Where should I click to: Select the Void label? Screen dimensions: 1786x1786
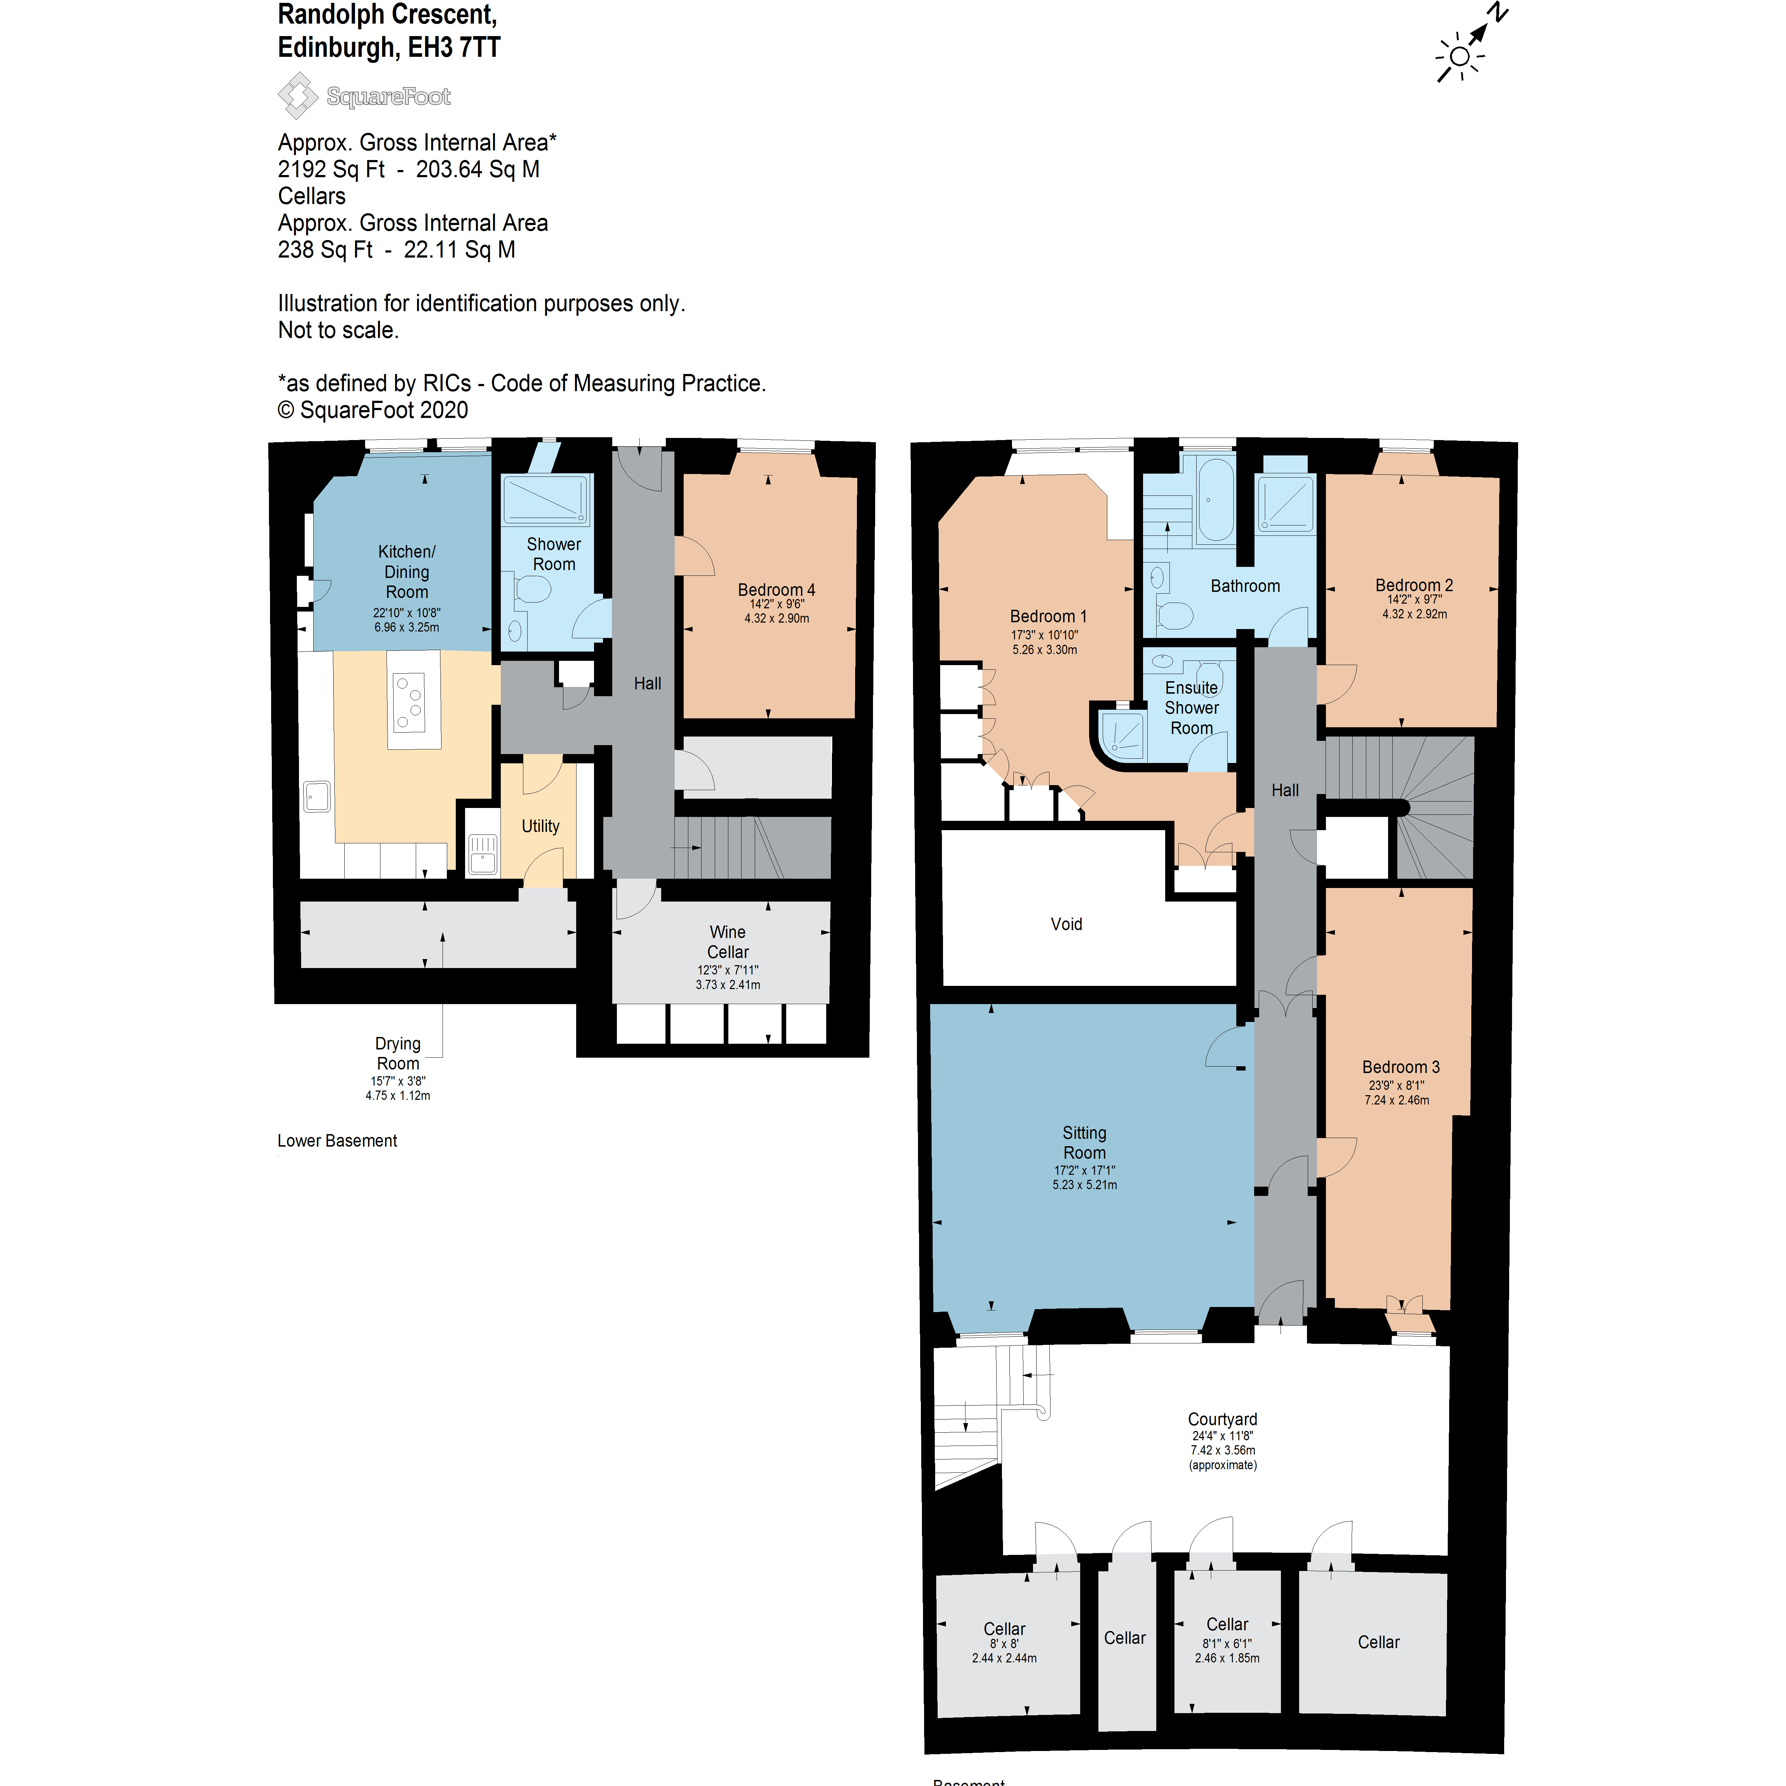click(1066, 923)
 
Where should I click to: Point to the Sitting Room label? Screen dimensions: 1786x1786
click(1084, 1143)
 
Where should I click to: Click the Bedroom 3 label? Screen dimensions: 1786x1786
click(1401, 1067)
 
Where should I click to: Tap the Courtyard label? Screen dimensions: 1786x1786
click(1222, 1419)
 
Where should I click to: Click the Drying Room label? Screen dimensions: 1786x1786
click(398, 1053)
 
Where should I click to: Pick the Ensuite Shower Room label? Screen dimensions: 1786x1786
click(1192, 707)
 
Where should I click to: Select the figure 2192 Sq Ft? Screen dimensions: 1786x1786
click(331, 169)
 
